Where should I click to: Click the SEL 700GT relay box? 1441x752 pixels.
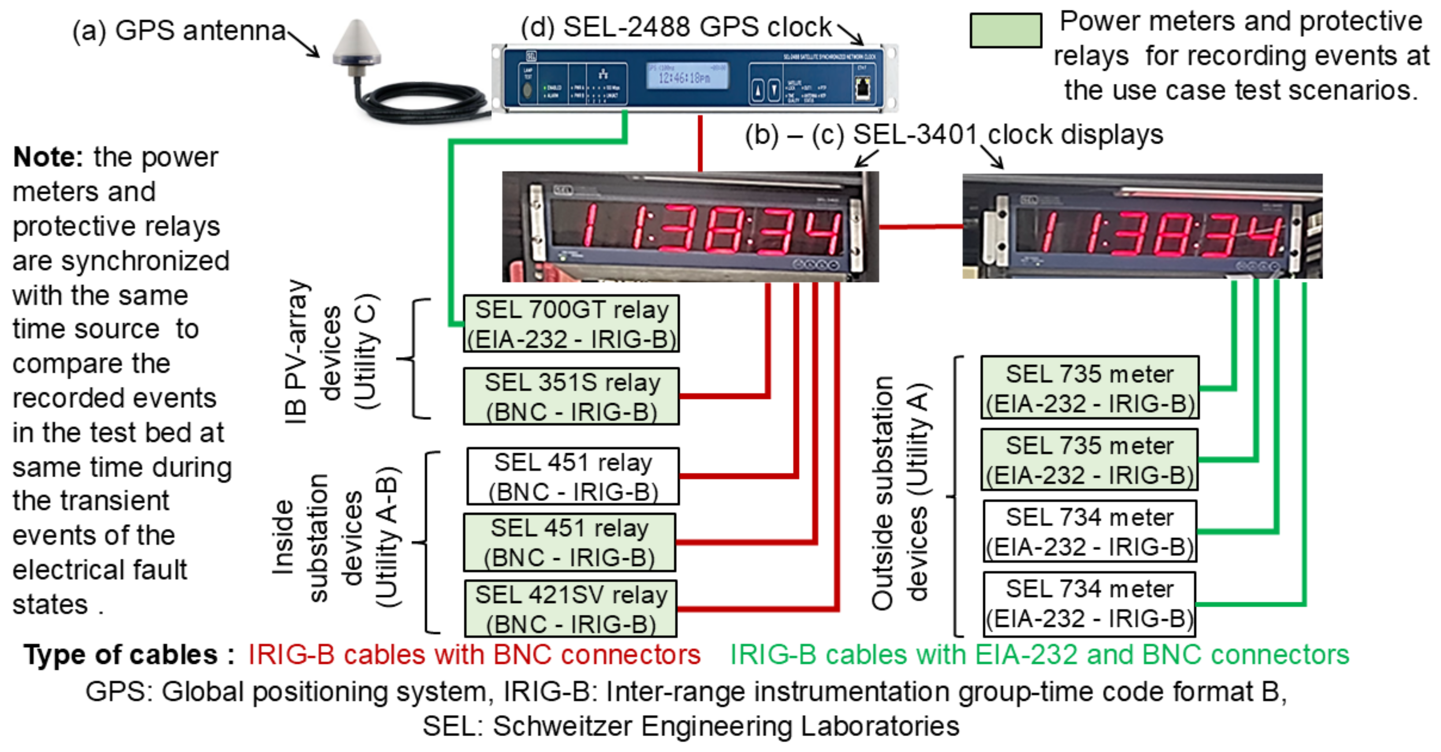click(x=571, y=324)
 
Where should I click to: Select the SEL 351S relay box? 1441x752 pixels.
click(x=571, y=396)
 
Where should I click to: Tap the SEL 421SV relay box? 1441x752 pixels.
click(x=570, y=609)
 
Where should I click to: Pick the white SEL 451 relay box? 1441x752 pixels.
click(x=573, y=476)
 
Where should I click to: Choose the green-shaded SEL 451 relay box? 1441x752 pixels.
click(x=570, y=542)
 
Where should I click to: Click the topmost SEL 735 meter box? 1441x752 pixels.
click(x=1089, y=388)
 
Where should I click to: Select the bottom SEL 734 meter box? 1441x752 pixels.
click(x=1089, y=604)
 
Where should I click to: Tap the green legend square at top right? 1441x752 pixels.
click(x=1005, y=31)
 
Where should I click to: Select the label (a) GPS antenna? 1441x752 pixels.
click(x=179, y=31)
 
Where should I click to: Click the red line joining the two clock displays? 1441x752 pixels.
click(x=920, y=227)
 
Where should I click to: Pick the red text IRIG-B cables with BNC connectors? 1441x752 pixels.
click(x=474, y=654)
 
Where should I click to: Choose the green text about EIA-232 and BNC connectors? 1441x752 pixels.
click(x=1039, y=654)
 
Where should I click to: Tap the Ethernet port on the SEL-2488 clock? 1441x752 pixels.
click(x=862, y=87)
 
